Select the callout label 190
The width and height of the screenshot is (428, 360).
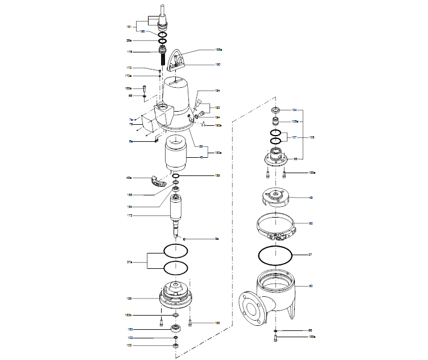point(217,65)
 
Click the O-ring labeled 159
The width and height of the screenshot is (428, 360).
point(176,176)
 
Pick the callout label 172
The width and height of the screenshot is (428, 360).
point(129,215)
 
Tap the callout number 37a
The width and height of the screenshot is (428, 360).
point(129,261)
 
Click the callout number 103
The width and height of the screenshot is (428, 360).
point(129,345)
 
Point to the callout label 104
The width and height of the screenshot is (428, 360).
point(294,109)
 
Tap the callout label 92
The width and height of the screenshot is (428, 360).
point(311,223)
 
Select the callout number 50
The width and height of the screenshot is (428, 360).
point(311,285)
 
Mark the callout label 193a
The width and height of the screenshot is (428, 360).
point(218,125)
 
